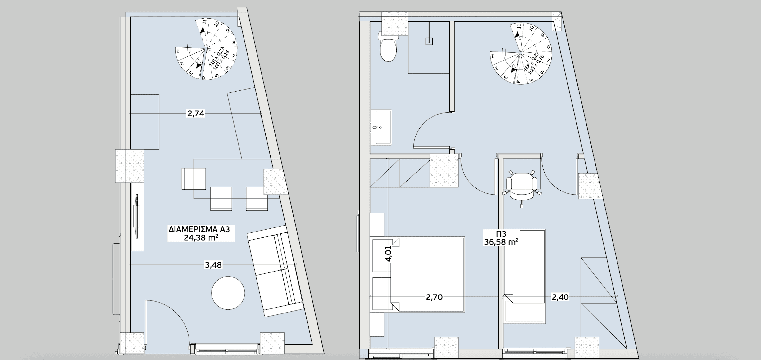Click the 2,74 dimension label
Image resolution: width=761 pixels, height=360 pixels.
196,113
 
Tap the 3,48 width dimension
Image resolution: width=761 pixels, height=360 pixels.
213,265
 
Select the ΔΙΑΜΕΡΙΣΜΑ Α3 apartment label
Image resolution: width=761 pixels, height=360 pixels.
199,229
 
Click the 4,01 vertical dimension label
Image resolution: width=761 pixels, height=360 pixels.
389,253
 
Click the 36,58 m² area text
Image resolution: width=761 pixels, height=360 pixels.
501,242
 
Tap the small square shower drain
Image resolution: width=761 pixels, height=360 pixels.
429,41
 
